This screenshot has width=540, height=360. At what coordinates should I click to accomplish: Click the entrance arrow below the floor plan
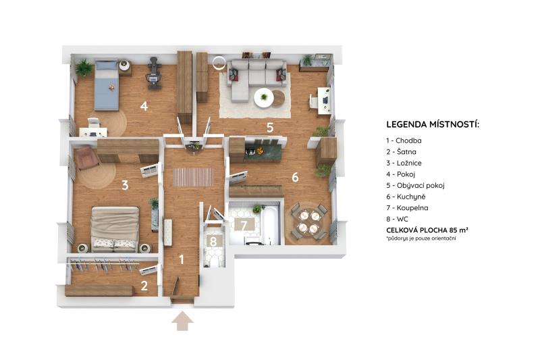[182, 322]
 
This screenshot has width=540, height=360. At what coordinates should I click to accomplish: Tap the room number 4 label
[144, 106]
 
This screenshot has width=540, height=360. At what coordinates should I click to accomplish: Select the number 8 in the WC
[213, 242]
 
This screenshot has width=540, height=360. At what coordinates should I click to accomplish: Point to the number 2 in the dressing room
[144, 286]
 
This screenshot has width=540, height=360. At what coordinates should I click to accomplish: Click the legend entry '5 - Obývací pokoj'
[415, 185]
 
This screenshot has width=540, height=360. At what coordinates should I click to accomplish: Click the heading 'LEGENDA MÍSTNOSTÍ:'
[433, 124]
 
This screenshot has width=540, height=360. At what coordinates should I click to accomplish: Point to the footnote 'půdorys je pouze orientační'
[421, 238]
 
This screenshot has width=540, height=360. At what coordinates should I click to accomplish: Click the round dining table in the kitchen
[309, 222]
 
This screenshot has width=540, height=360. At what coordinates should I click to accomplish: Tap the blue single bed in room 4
[107, 84]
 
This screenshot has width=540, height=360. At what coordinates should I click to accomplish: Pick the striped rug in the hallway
[193, 177]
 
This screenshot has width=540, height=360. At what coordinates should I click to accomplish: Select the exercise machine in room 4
[154, 74]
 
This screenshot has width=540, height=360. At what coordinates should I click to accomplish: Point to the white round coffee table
[264, 98]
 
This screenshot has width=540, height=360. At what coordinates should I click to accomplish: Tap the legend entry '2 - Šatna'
[401, 152]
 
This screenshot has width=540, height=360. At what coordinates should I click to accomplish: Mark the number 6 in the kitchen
[295, 177]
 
